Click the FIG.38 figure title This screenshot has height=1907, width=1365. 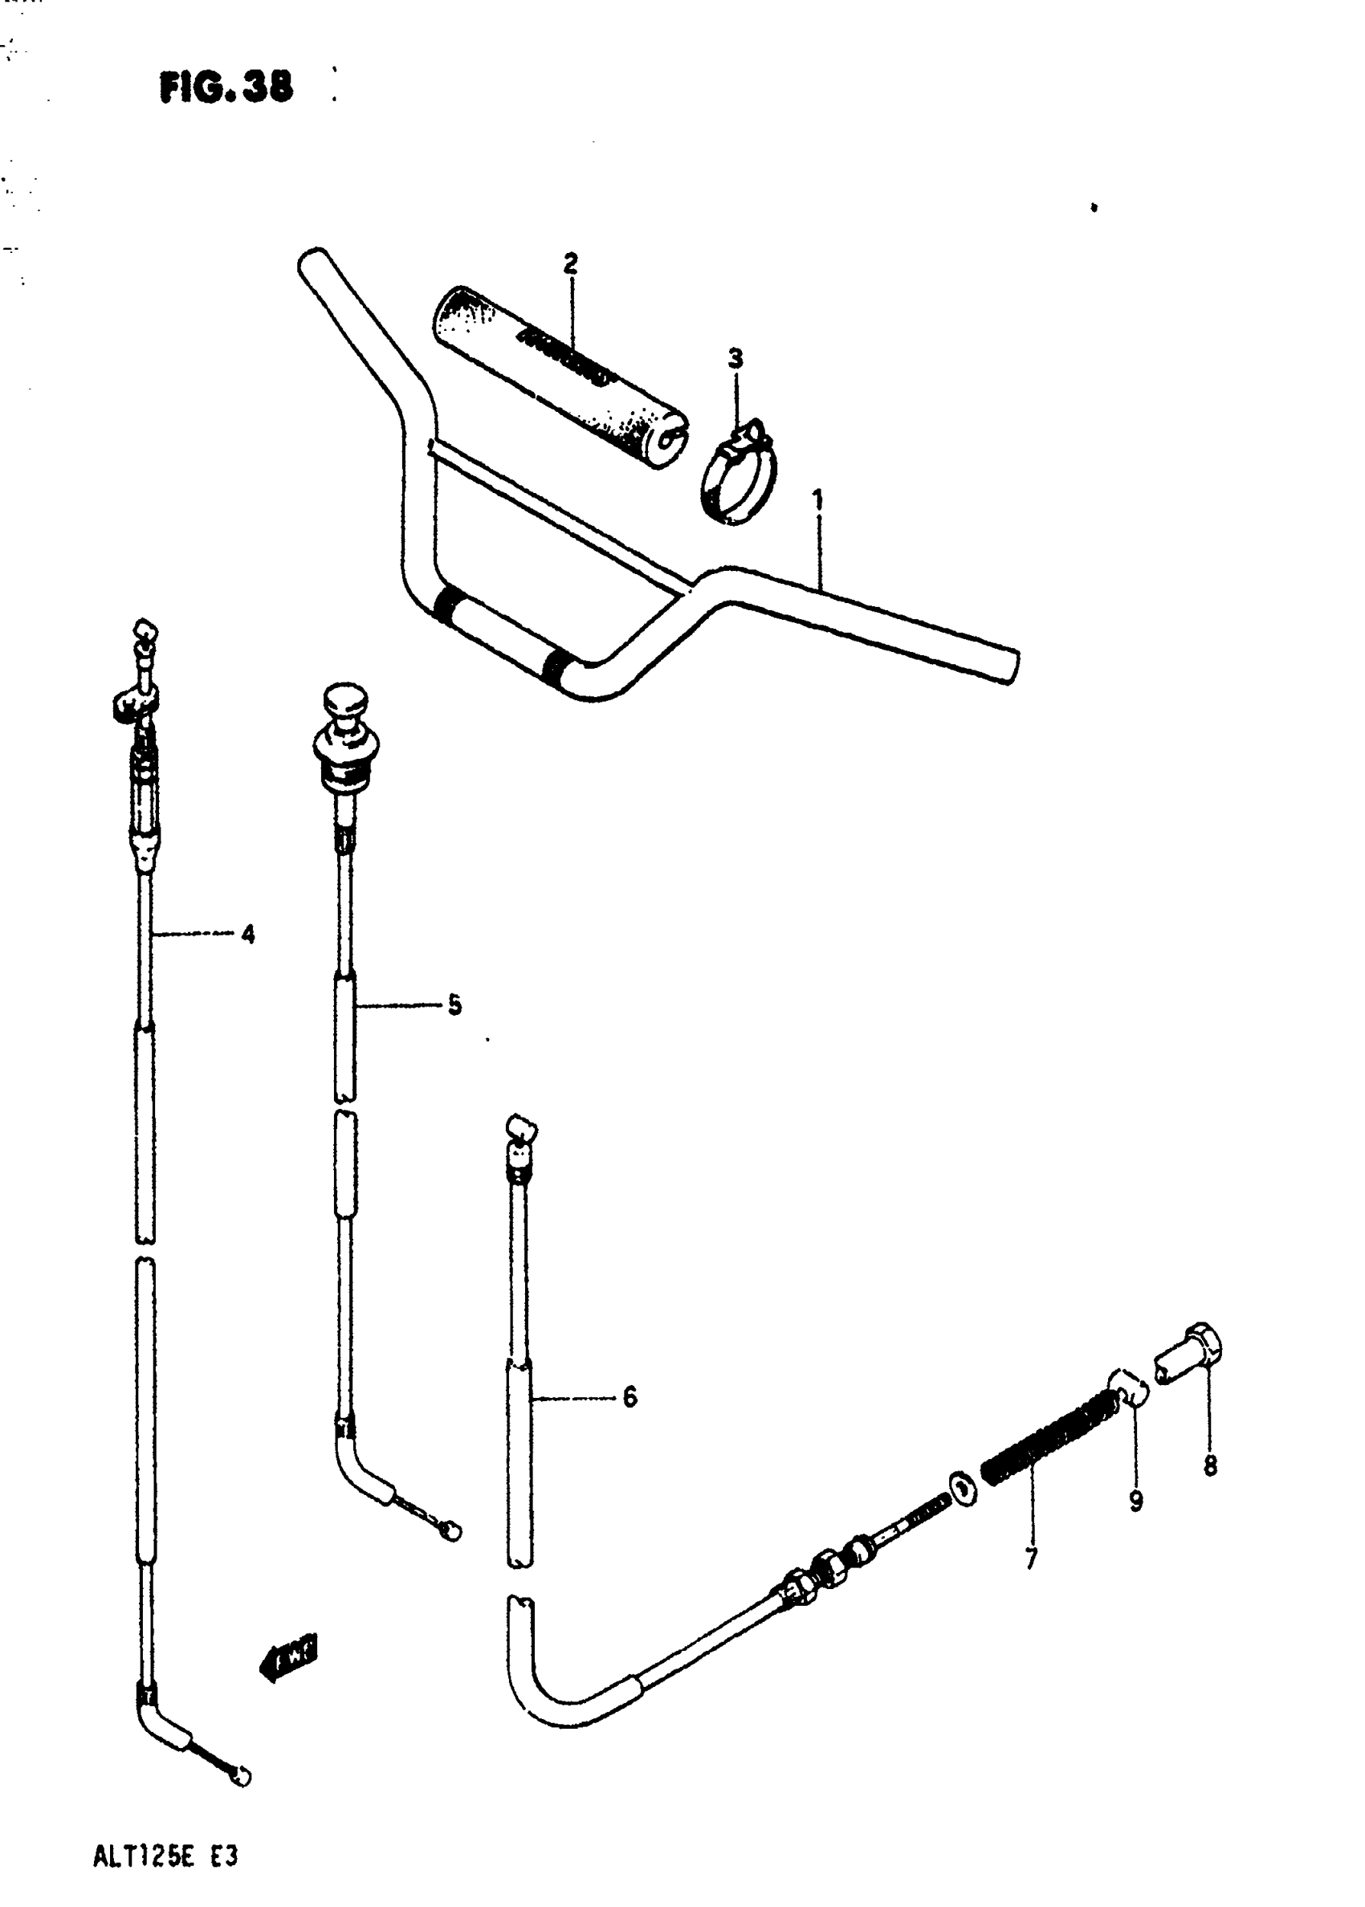tap(226, 87)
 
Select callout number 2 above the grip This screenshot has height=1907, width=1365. tap(571, 264)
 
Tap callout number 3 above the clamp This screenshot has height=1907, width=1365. tap(735, 359)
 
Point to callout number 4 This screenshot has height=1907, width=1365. tap(248, 934)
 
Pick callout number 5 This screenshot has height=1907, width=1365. tap(454, 1004)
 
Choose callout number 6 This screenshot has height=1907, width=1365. tap(630, 1398)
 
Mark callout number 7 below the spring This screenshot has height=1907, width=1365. tap(1031, 1559)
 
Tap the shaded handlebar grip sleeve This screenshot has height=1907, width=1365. tap(559, 376)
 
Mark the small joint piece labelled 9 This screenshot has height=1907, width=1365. tap(1127, 1388)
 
